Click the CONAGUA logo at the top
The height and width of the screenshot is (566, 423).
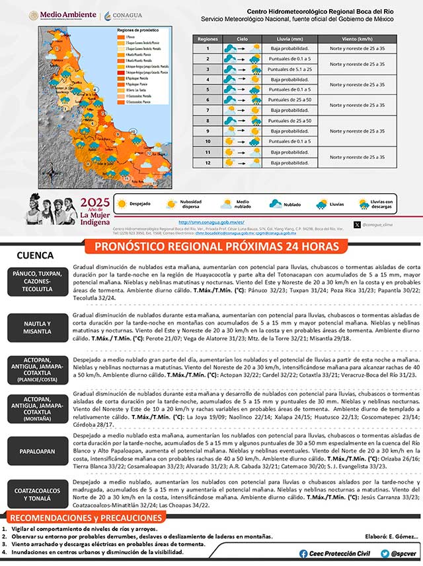122,15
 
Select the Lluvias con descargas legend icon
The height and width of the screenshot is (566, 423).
364,204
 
